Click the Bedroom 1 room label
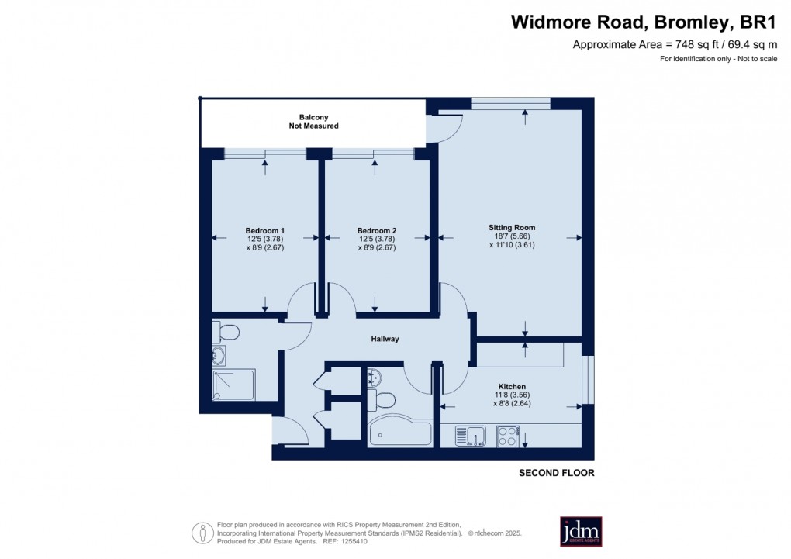[x=265, y=230]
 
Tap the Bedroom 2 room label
[x=377, y=230]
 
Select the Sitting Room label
[x=512, y=227]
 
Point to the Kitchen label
[x=512, y=386]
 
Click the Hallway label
[x=385, y=339]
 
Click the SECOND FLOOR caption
[x=556, y=473]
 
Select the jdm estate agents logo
[x=581, y=531]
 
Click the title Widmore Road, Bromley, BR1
[x=643, y=22]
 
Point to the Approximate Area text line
[x=674, y=44]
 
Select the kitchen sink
[x=469, y=437]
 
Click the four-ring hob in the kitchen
[x=508, y=437]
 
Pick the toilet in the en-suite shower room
[x=228, y=333]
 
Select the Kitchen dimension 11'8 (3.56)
[x=512, y=395]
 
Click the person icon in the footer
[x=203, y=533]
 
